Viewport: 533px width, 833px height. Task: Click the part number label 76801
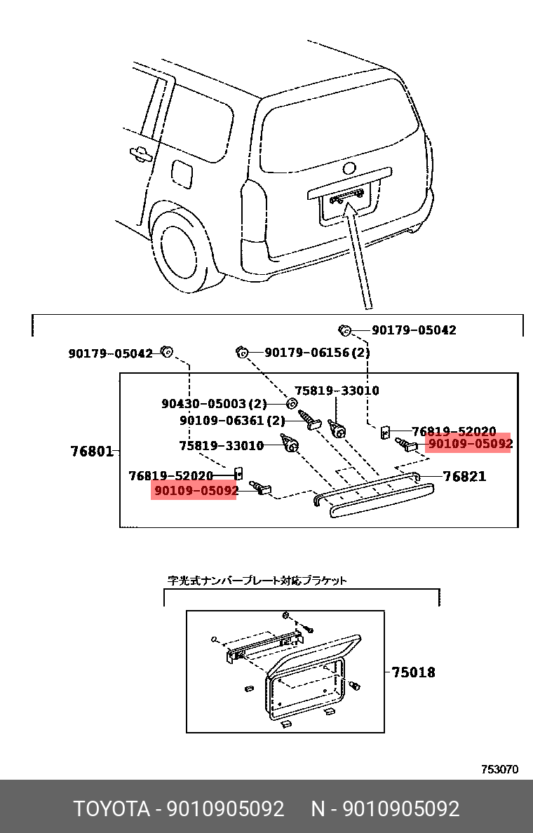92,452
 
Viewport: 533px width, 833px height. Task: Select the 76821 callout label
464,477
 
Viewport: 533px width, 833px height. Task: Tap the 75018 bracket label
413,672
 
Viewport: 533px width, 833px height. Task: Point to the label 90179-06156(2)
316,353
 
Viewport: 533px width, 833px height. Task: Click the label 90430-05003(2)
214,404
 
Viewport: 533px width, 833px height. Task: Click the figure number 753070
499,769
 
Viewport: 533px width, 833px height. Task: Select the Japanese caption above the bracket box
257,581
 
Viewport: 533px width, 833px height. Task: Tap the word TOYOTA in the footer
112,809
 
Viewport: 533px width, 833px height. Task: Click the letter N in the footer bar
318,809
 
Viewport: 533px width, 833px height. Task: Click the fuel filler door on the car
182,173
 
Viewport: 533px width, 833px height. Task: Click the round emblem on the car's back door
349,169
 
